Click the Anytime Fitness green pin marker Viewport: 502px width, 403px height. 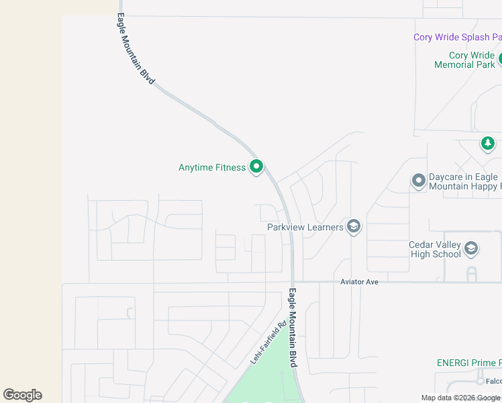256,167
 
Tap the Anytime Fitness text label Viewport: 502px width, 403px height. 212,167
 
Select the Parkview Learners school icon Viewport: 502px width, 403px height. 354,227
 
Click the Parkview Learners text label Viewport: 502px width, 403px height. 305,227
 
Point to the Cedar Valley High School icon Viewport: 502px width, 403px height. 471,249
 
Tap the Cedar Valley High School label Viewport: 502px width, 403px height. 435,249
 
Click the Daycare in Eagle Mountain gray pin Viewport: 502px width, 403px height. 419,181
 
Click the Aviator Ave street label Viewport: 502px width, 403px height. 359,282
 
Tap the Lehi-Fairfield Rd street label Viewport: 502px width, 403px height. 268,343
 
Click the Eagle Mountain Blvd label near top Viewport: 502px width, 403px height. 136,48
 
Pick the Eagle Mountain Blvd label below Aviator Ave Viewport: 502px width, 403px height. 293,327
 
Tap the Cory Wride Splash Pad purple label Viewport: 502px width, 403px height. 457,38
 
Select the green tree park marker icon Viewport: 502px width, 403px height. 488,144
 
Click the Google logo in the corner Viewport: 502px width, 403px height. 22,395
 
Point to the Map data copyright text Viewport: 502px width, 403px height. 461,398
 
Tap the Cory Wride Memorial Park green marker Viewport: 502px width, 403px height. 501,59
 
